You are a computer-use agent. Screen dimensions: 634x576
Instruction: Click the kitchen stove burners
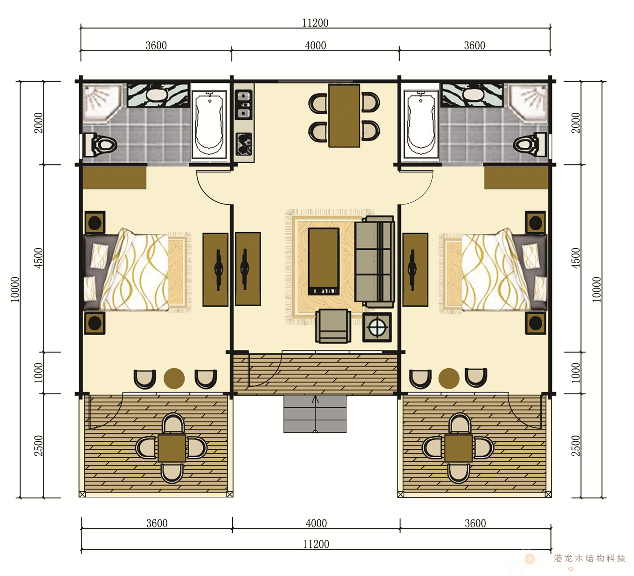244,144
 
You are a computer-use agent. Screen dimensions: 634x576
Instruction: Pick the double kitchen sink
244,104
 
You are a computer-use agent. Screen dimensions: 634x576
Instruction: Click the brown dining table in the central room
344,116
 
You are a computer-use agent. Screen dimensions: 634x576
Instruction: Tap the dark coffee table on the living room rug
324,261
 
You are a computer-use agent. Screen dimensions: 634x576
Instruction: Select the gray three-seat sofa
375,261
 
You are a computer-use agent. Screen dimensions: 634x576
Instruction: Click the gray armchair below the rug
333,326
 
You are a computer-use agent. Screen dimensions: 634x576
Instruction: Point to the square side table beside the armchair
377,327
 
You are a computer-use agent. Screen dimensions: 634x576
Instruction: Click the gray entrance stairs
315,414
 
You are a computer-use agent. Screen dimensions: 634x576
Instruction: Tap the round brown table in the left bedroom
174,378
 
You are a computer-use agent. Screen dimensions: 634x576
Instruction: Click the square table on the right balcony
459,448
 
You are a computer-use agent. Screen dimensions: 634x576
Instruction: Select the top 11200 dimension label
316,23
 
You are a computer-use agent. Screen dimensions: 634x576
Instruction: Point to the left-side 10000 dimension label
15,289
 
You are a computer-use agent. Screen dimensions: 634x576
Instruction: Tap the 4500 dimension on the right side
576,258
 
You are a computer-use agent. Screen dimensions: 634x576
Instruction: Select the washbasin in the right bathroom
472,95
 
